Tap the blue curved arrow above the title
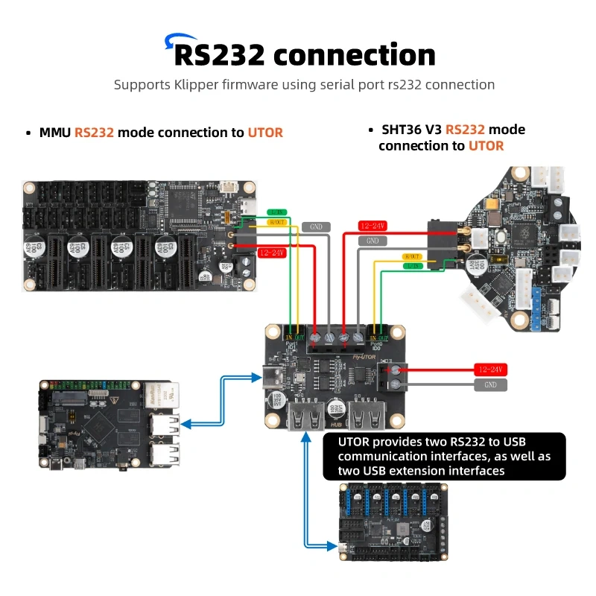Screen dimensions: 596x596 177,39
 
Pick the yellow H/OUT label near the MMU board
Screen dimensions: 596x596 276,222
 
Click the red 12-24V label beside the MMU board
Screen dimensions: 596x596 273,253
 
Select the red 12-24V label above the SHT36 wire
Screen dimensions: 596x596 373,225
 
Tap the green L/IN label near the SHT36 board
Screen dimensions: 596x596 411,265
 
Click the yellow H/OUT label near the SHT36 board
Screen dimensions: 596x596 411,256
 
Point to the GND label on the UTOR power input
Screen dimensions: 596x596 490,384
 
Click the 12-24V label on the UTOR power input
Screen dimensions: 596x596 490,370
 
